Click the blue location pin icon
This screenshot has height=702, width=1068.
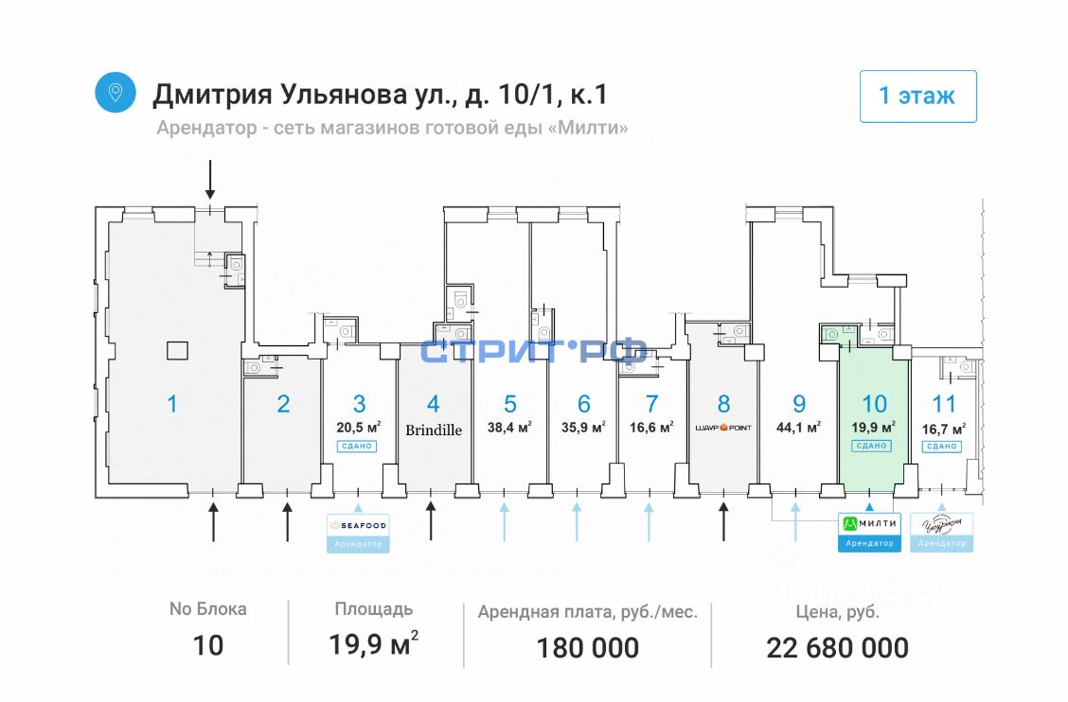(116, 92)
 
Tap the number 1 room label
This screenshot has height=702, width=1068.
(171, 404)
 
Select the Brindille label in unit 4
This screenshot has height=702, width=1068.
(434, 430)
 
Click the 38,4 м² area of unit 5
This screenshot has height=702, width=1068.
(509, 427)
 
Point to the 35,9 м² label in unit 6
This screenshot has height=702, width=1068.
(583, 427)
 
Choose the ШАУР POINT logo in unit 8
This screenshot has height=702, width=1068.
(723, 428)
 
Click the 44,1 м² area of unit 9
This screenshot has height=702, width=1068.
(798, 427)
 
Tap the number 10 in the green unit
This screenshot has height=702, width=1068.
(874, 404)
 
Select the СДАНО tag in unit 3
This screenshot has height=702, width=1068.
(359, 446)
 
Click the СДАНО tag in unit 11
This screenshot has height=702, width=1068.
(943, 446)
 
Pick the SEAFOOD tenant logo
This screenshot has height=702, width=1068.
(359, 526)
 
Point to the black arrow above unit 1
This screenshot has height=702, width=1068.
(211, 180)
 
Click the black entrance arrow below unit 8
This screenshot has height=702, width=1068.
(724, 521)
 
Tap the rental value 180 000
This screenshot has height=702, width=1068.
(587, 648)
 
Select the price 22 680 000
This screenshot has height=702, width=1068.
(837, 648)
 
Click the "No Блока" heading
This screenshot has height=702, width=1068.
(207, 609)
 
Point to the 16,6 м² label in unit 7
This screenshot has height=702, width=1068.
(650, 427)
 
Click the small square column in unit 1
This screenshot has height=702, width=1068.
(177, 350)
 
